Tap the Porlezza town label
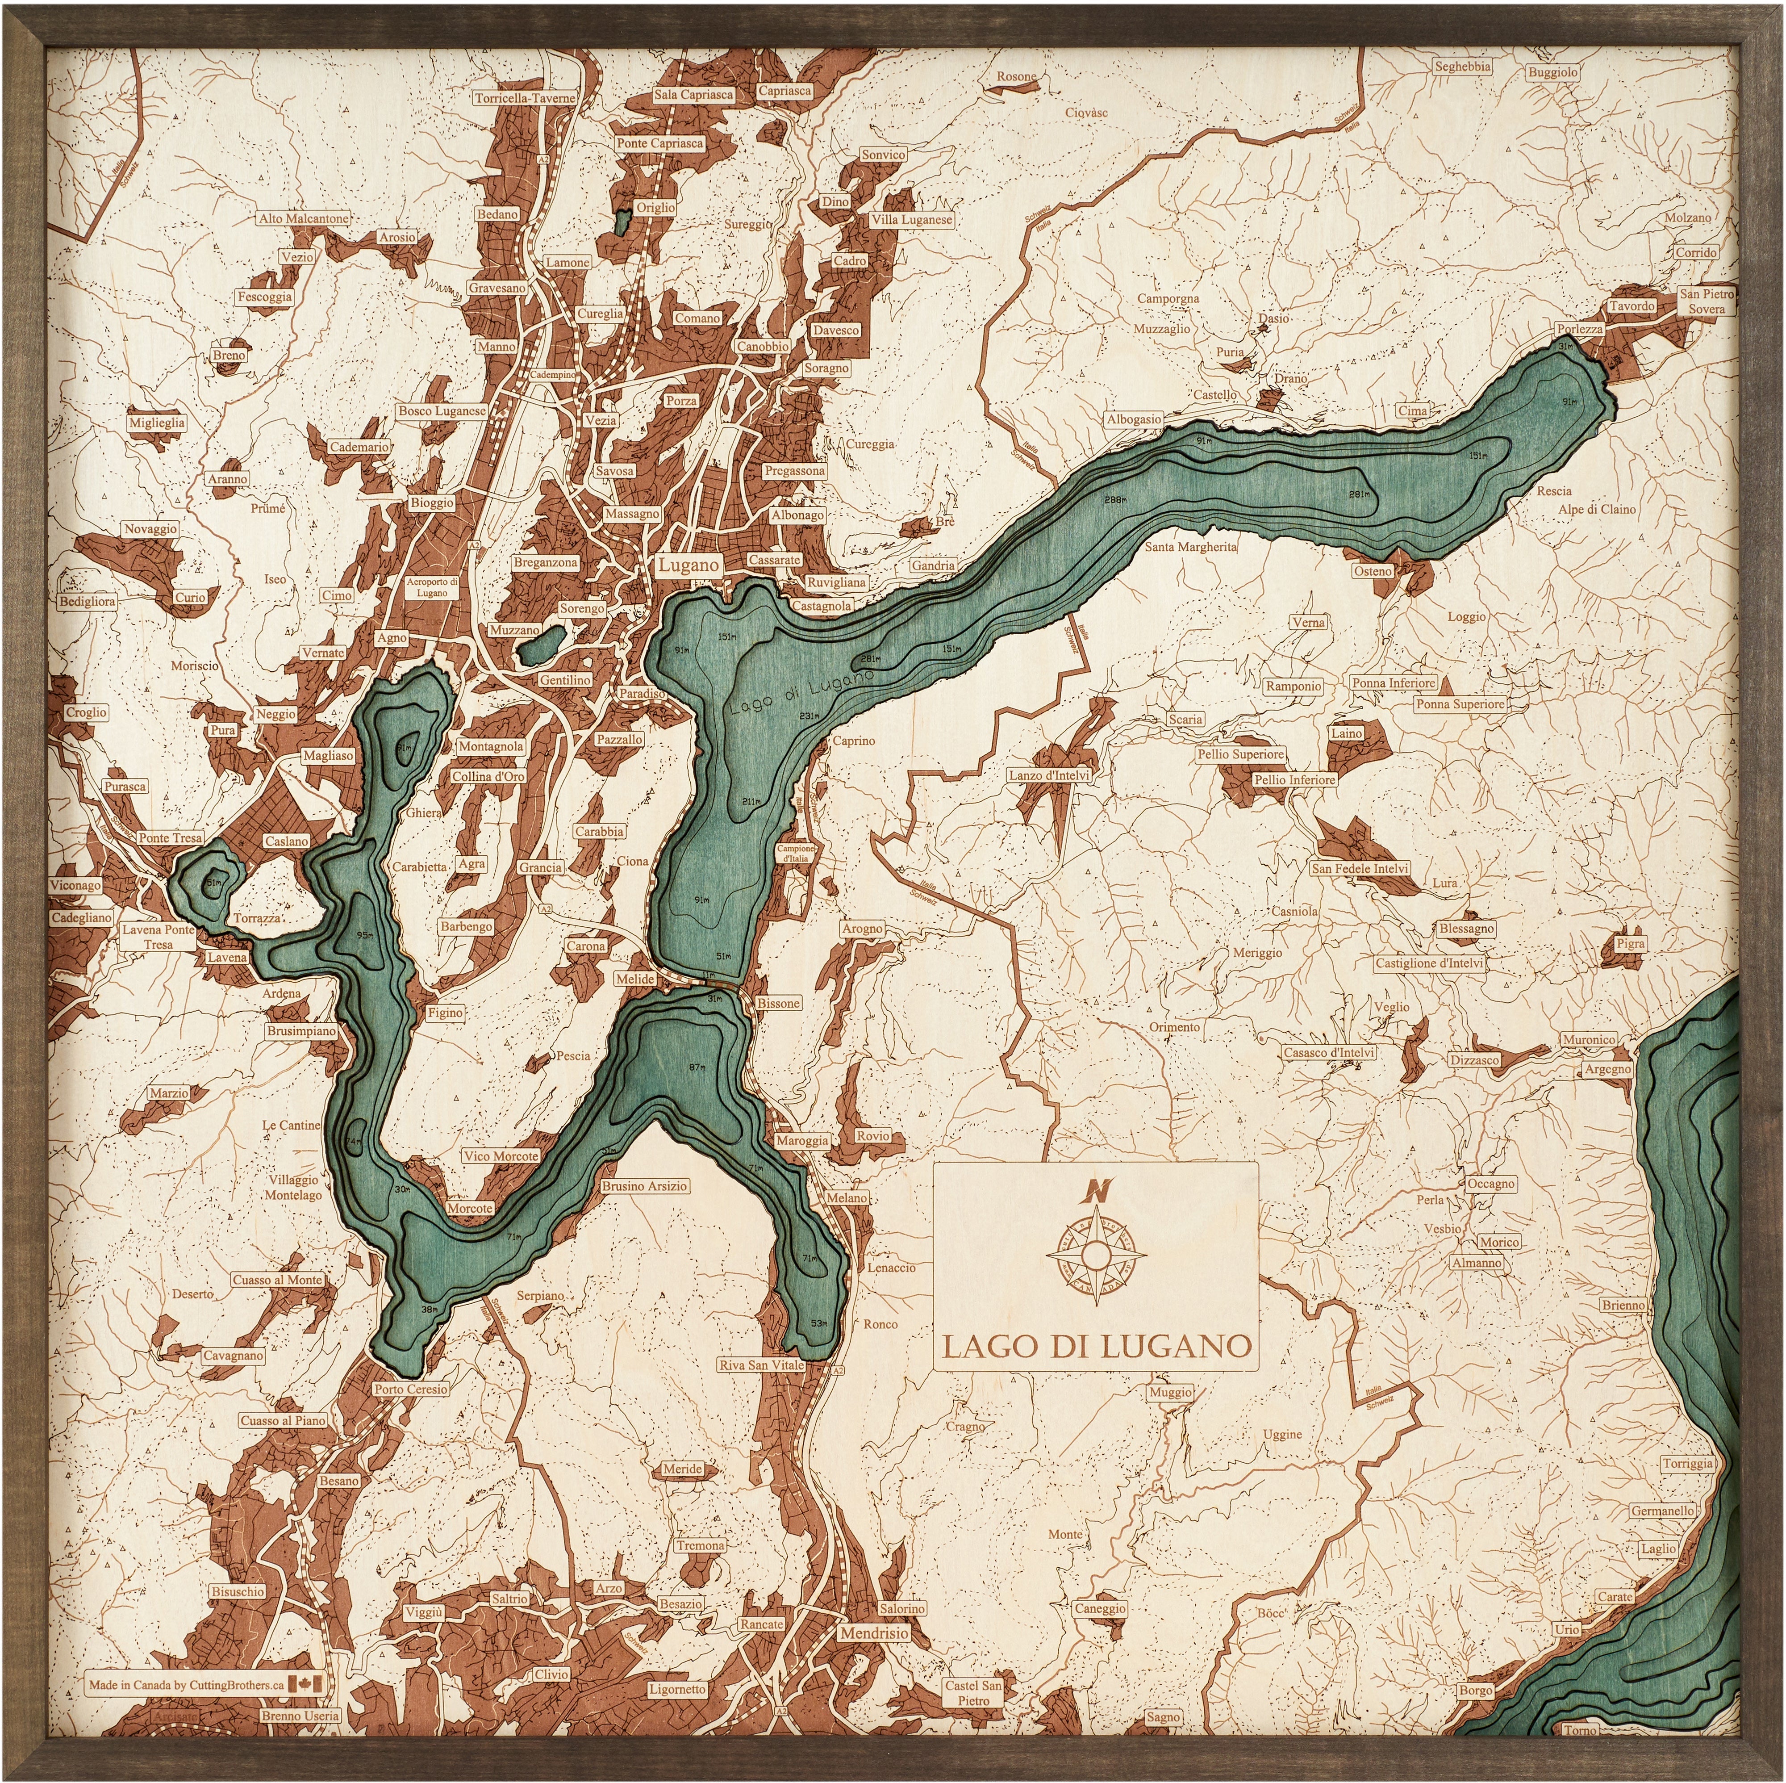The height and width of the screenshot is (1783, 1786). [x=1579, y=329]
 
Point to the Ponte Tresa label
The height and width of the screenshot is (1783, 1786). [x=170, y=838]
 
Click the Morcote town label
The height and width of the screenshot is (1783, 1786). [x=470, y=1208]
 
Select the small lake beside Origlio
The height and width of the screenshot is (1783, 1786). [x=623, y=220]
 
